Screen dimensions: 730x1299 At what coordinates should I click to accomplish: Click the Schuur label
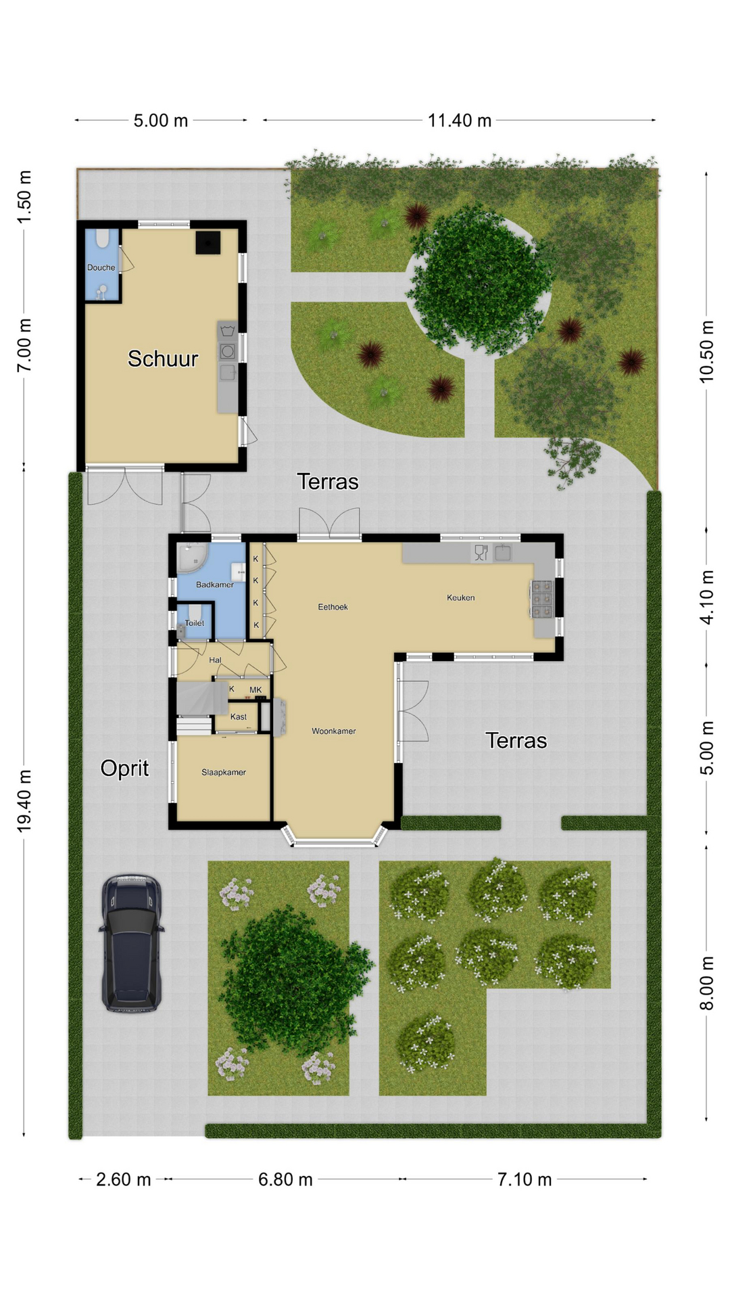[163, 359]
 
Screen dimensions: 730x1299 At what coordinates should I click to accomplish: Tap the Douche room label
[101, 267]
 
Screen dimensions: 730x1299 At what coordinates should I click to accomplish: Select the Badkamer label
[215, 585]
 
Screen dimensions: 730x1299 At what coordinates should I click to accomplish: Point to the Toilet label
[194, 623]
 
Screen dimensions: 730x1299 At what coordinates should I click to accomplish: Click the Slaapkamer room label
[224, 772]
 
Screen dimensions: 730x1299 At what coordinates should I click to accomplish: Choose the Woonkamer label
[334, 731]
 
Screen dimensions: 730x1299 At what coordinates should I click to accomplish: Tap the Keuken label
[461, 597]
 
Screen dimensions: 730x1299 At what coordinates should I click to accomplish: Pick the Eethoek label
[333, 607]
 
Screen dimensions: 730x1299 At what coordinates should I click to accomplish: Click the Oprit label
[124, 769]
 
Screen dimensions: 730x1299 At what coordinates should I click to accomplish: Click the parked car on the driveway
[132, 943]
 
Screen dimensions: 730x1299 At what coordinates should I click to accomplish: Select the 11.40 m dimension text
[460, 120]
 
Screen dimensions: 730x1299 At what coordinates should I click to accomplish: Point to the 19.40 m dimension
[24, 800]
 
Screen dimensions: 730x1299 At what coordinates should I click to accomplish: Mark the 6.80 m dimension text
[285, 1179]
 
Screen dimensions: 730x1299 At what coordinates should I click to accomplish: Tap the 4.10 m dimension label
[707, 597]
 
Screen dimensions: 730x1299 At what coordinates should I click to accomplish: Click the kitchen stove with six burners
[543, 599]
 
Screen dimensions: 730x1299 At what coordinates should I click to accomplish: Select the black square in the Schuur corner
[208, 243]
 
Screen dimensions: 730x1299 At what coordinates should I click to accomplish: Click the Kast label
[239, 716]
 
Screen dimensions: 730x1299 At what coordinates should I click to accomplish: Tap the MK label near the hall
[255, 690]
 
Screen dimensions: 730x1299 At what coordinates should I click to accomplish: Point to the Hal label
[215, 660]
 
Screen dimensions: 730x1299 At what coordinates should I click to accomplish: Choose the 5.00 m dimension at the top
[161, 120]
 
